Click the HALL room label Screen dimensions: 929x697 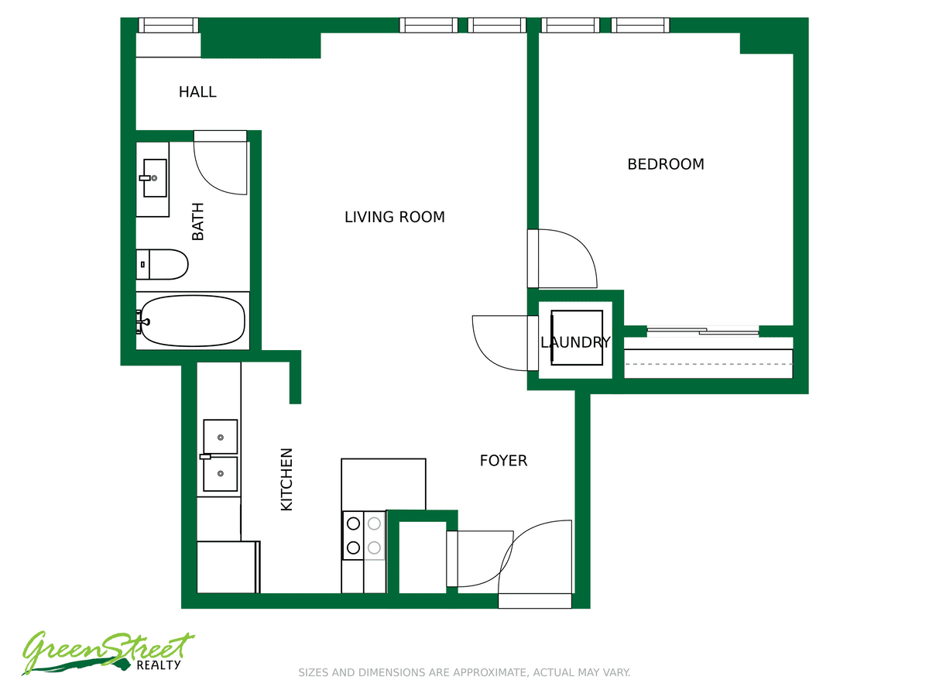197,92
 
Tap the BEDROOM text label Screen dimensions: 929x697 665,164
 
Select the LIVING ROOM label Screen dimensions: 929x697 395,217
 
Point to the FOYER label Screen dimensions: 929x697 503,461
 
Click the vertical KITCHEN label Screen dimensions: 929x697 286,479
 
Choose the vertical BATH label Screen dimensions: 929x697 197,221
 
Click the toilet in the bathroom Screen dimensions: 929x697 162,265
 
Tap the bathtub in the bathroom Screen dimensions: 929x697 193,321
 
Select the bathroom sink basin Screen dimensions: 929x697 155,178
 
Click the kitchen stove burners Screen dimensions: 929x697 364,536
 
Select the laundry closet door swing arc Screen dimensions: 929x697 487,355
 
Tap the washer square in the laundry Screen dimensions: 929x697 577,338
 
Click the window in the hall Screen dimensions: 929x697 169,25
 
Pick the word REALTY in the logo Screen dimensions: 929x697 159,665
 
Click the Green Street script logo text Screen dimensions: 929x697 108,652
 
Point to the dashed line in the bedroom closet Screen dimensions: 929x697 708,364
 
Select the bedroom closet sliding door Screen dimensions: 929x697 703,331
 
